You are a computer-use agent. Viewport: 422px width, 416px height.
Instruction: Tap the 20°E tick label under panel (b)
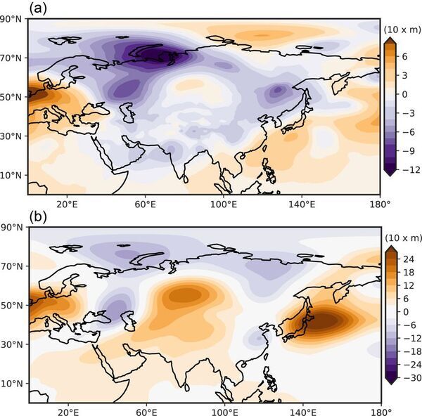pos(67,412)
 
